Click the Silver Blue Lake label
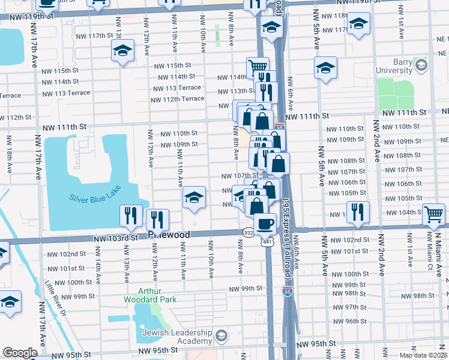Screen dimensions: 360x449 coord(95,198)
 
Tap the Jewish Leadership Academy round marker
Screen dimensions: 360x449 coord(221,334)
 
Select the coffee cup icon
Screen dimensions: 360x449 coord(265,224)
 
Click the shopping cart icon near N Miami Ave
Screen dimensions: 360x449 coord(433,213)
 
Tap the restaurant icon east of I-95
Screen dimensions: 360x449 coord(357,212)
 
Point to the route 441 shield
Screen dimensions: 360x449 coord(267,242)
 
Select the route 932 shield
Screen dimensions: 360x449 coord(248,232)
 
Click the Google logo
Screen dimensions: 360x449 coord(20,353)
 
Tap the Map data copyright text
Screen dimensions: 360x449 coord(423,355)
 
